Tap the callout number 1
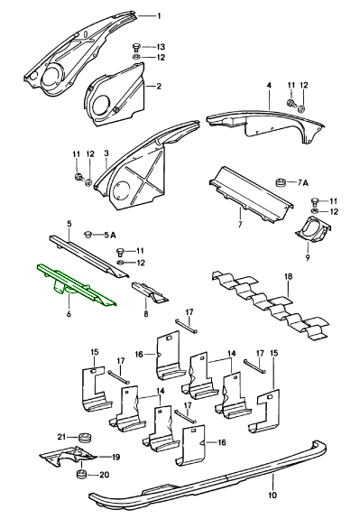click(x=159, y=16)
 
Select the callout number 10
click(x=272, y=496)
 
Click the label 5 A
click(x=110, y=236)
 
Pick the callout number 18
click(x=288, y=277)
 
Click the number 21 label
click(x=62, y=437)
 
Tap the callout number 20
click(x=105, y=475)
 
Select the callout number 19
click(x=115, y=457)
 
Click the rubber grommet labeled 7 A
click(x=282, y=182)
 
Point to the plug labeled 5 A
click(x=88, y=235)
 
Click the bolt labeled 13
click(x=135, y=47)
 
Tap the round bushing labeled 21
click(x=85, y=437)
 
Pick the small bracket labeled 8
click(x=150, y=292)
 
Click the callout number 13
click(x=161, y=47)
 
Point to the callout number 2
click(x=159, y=87)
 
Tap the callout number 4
click(x=269, y=86)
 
